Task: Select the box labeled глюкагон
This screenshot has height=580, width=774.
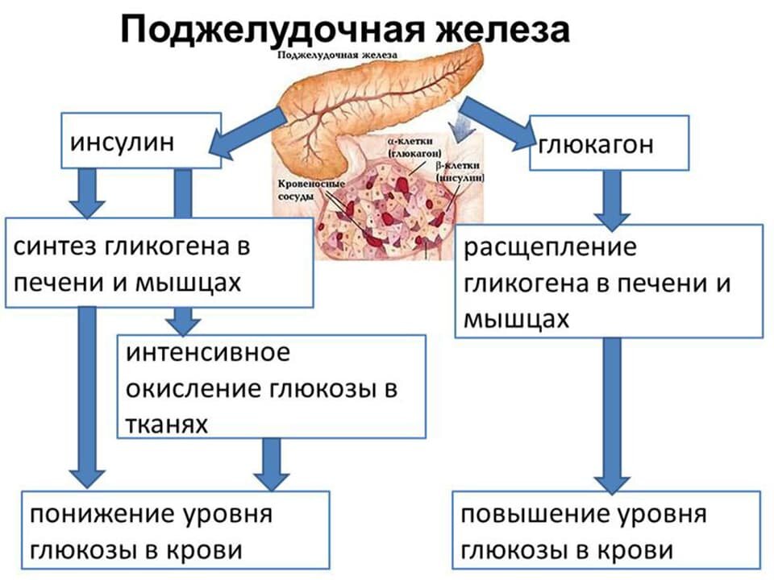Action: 609,143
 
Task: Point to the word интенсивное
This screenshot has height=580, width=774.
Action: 207,353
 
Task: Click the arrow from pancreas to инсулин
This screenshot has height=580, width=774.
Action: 245,134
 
